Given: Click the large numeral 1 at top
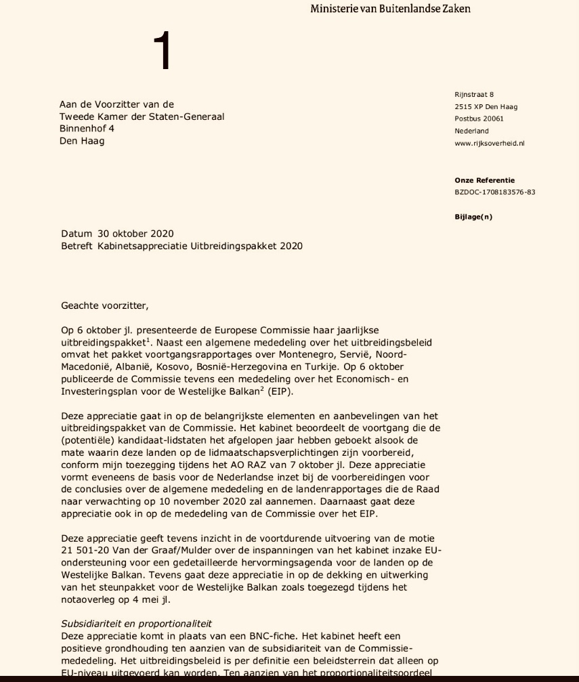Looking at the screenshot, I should point(163,52).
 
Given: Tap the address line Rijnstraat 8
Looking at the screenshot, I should point(474,94).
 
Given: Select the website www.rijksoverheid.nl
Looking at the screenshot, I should point(490,144).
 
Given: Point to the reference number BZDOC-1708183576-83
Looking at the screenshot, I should point(495,192).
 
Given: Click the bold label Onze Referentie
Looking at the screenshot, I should point(484,180).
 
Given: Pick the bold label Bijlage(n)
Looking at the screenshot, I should point(473,217).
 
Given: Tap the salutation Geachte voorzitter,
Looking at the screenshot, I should point(104,305).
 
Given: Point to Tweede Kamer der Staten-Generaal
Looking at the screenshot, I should point(142,116).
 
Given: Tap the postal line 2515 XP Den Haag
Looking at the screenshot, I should point(486,107).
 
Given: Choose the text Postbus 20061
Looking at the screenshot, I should point(479,119).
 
